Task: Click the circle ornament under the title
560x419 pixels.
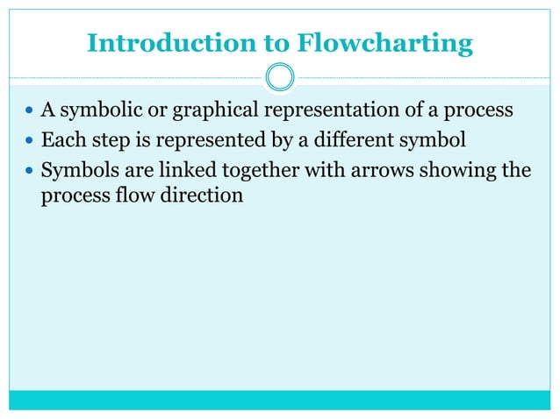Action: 280,77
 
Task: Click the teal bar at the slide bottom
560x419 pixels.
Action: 280,400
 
